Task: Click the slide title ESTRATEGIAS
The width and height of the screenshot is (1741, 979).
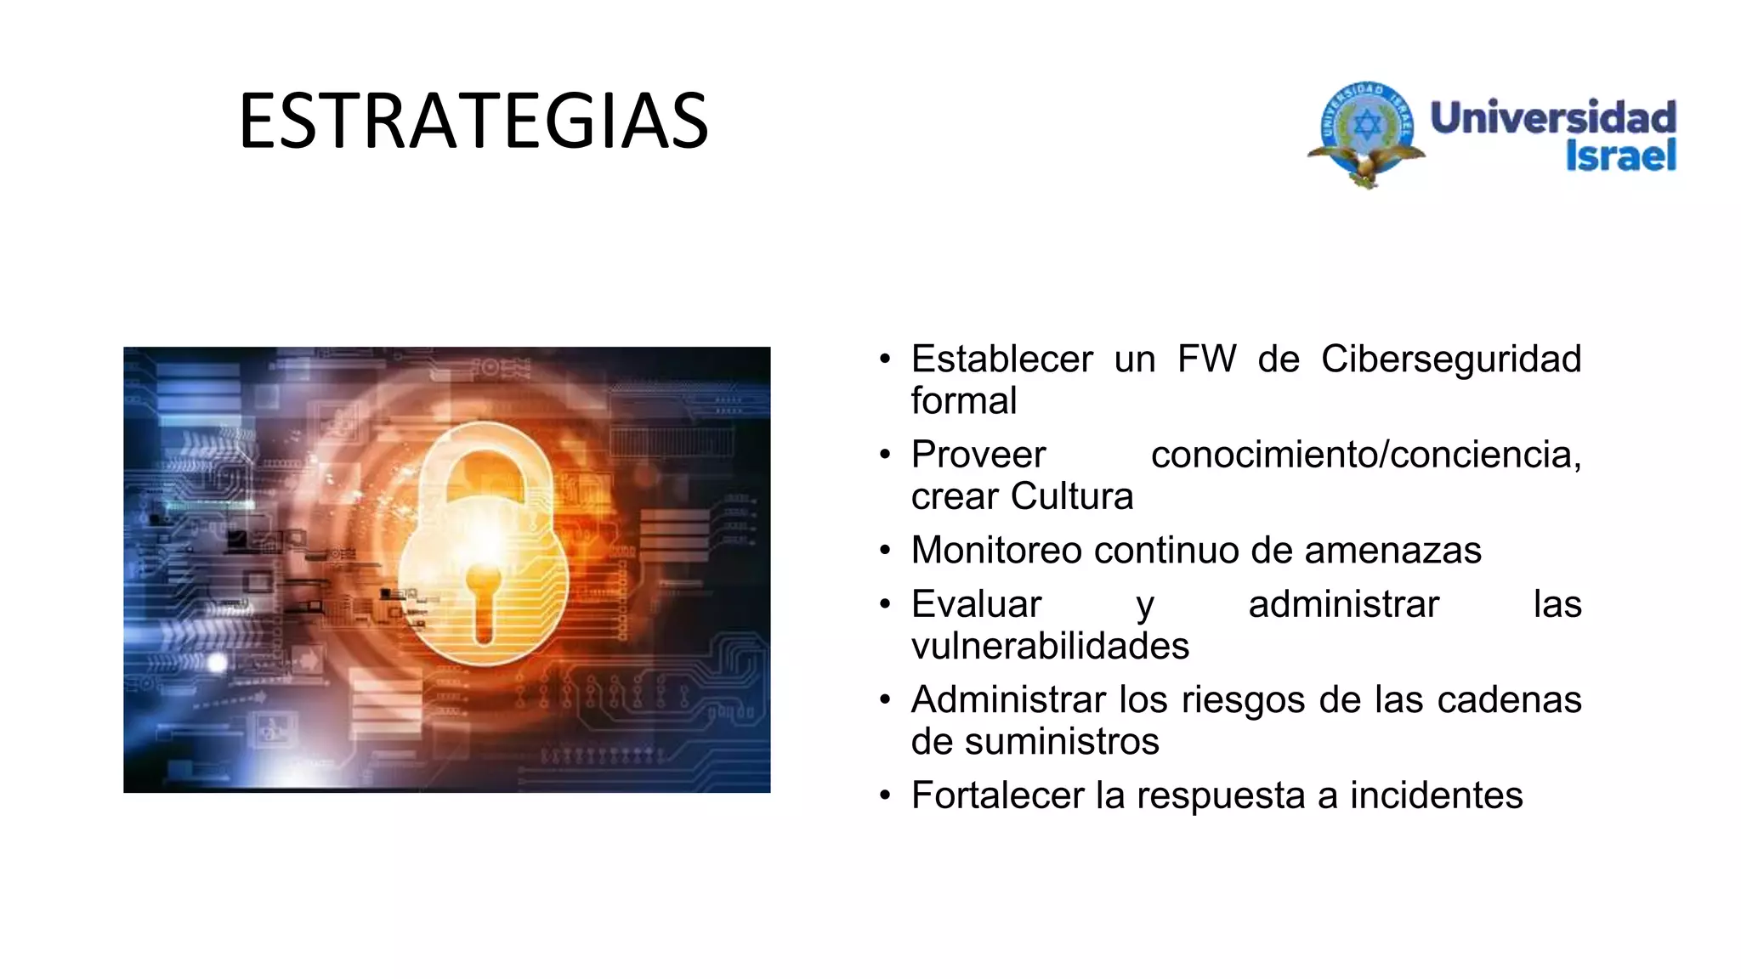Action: pyautogui.click(x=474, y=122)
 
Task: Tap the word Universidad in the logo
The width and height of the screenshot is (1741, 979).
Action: pyautogui.click(x=1552, y=117)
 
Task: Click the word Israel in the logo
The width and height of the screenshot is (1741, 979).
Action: pyautogui.click(x=1620, y=156)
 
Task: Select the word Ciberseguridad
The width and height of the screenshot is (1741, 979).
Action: pyautogui.click(x=1450, y=359)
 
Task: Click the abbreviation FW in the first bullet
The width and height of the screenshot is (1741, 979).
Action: pyautogui.click(x=1206, y=359)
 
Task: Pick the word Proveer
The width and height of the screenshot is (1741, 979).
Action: pyautogui.click(x=978, y=455)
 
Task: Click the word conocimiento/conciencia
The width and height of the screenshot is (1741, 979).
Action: pyautogui.click(x=1365, y=455)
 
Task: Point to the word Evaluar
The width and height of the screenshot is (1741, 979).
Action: pyautogui.click(x=976, y=604)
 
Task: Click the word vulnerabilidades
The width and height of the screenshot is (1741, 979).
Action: pyautogui.click(x=1050, y=646)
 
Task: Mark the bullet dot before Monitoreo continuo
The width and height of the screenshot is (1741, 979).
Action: pyautogui.click(x=885, y=551)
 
